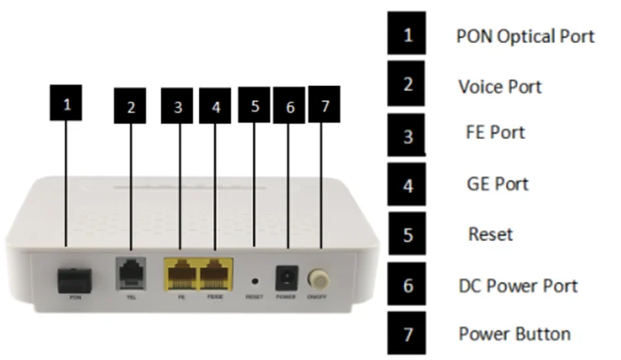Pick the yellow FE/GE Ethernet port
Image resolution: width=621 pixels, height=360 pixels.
click(216, 272)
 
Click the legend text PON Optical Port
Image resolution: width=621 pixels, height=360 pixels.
click(525, 37)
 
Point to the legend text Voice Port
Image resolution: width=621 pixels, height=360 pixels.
click(500, 86)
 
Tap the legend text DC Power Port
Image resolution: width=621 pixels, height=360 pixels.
click(517, 286)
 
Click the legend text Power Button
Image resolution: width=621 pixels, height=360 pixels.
click(514, 334)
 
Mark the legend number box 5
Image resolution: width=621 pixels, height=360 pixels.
click(407, 233)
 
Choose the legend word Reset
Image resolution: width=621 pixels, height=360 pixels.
click(490, 234)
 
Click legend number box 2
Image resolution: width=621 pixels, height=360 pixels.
click(407, 84)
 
